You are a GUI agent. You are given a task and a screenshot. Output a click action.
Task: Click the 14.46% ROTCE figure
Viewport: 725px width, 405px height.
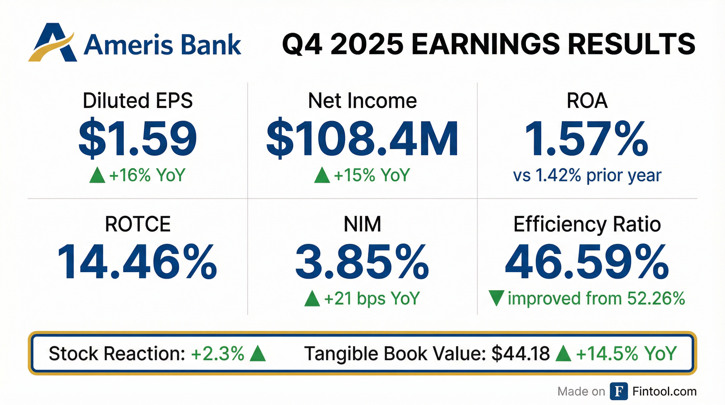[x=138, y=262]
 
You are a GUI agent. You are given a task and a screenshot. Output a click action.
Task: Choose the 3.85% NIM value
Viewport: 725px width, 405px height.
[x=362, y=262]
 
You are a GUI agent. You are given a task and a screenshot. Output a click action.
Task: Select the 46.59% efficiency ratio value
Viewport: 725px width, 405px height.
[x=587, y=262]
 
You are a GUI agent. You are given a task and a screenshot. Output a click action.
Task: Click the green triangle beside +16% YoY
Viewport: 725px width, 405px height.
[x=97, y=175]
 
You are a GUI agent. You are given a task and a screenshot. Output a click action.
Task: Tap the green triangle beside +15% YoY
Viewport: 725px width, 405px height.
[x=322, y=175]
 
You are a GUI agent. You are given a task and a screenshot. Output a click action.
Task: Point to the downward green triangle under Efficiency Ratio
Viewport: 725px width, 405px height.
[x=496, y=298]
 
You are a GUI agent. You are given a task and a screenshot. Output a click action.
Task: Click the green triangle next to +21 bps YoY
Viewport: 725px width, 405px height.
[x=312, y=298]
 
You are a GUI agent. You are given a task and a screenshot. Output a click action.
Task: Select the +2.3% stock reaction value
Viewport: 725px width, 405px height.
[x=218, y=354]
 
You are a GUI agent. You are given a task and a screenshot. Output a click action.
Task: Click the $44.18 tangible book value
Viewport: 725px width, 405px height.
[x=521, y=354]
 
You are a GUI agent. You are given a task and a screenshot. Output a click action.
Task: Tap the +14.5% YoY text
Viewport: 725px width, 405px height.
[x=626, y=354]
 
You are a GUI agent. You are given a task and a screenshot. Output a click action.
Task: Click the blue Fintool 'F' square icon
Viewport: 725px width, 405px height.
[x=619, y=391]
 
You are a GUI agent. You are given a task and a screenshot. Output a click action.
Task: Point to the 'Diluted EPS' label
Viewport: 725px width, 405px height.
[x=138, y=100]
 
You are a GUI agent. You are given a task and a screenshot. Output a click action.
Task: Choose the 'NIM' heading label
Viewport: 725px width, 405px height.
[x=362, y=224]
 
